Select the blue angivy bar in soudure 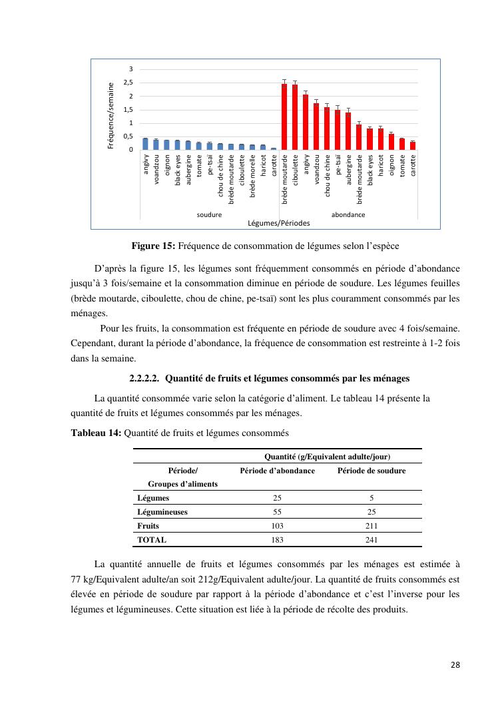click(x=145, y=144)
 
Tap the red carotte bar click(x=413, y=146)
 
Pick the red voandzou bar click(x=316, y=126)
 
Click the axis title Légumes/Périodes click(x=278, y=222)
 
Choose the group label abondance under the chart click(x=348, y=215)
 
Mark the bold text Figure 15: click(x=153, y=246)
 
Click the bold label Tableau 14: click(x=96, y=433)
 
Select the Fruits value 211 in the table click(x=371, y=526)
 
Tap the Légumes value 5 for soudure click(x=371, y=498)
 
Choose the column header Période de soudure click(x=371, y=471)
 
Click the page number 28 click(x=455, y=664)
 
